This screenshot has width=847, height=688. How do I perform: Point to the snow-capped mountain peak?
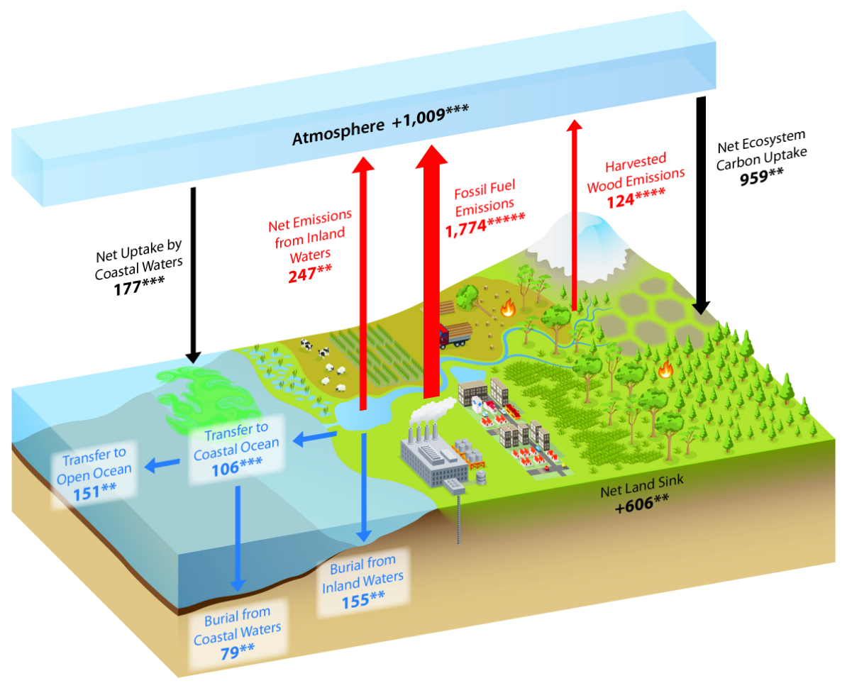pyautogui.click(x=587, y=233)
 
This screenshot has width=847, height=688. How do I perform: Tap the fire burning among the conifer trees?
pyautogui.click(x=665, y=369)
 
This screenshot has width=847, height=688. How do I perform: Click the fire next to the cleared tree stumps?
pyautogui.click(x=507, y=309)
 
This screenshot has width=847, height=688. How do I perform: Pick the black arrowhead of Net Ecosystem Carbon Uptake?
pyautogui.click(x=701, y=307)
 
